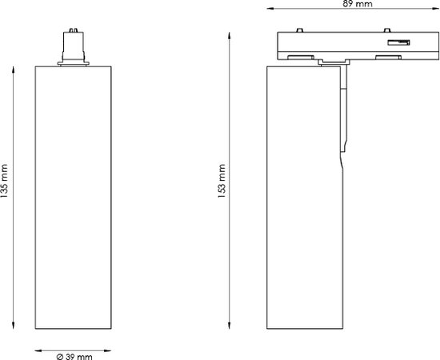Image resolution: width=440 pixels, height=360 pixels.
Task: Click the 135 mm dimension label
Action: click(x=4, y=181)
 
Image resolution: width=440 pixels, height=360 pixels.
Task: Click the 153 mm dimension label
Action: click(x=222, y=181)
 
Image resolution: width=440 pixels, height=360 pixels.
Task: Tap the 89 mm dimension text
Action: click(x=358, y=4)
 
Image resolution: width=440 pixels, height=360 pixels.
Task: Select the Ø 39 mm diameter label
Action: click(x=74, y=357)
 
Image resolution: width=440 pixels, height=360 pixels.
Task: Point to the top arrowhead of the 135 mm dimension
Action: click(x=13, y=70)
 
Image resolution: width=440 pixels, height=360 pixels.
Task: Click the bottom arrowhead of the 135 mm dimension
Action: click(x=13, y=326)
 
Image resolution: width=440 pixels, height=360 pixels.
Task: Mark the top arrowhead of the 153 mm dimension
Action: click(x=230, y=36)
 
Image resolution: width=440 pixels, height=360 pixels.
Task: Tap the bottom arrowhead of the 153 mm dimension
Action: click(x=230, y=326)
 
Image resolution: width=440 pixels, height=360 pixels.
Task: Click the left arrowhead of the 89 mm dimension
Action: click(x=270, y=9)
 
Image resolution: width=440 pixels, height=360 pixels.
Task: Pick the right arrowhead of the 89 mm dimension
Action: click(x=435, y=9)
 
